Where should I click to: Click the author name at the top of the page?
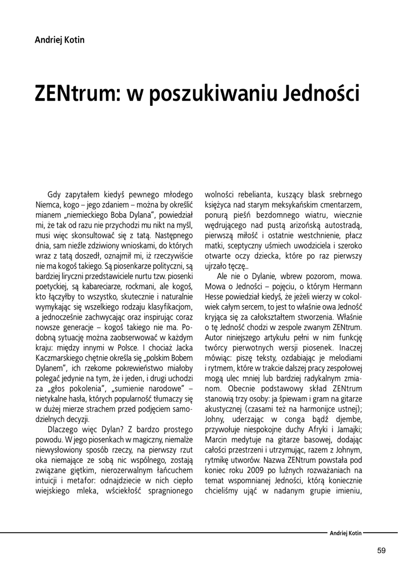60,40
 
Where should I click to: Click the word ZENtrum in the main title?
78,94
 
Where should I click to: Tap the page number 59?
381,550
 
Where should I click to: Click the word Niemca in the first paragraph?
48,205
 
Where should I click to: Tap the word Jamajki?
347,429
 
